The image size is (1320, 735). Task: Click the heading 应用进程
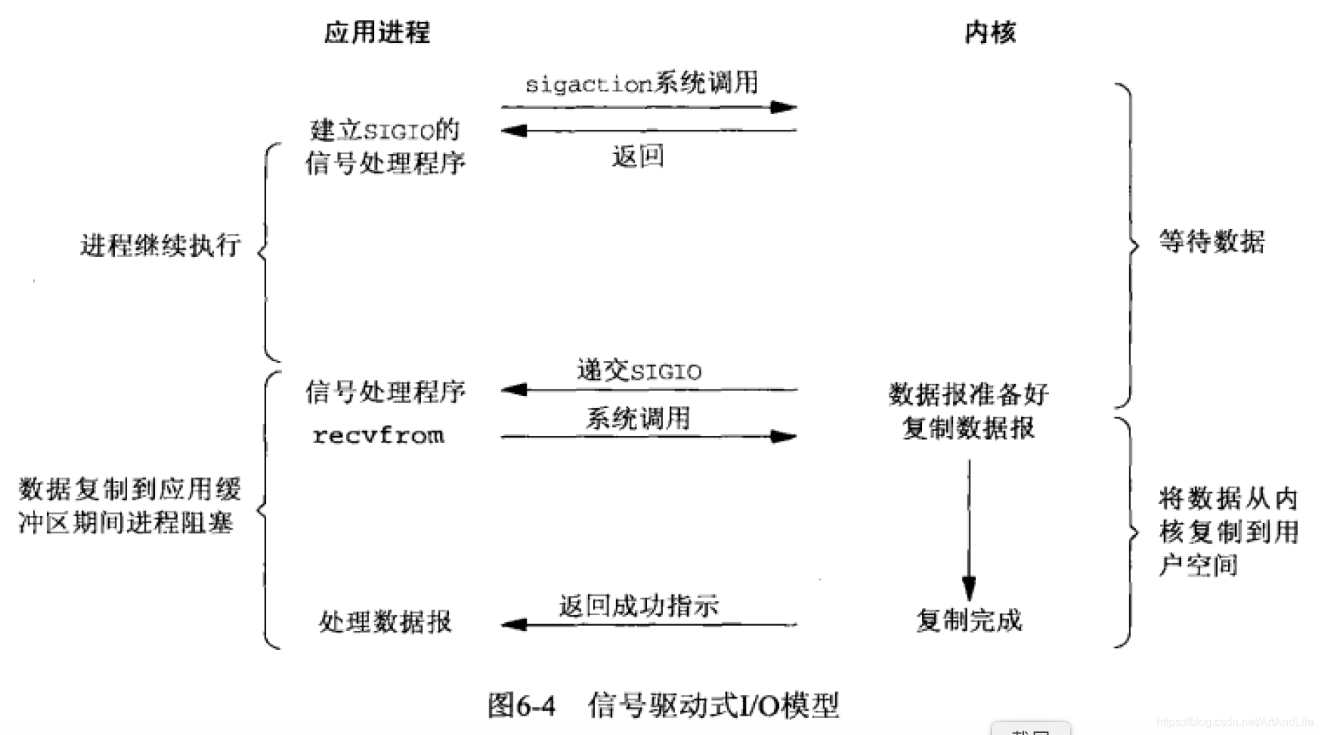[x=377, y=32]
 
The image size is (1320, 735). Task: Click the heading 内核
[x=990, y=32]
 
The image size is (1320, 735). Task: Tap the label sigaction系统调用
[x=641, y=83]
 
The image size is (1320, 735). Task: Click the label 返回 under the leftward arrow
[x=638, y=156]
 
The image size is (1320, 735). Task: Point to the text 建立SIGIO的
[x=385, y=131]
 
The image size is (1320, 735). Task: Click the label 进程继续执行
[x=161, y=245]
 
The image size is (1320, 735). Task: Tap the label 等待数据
[x=1212, y=242]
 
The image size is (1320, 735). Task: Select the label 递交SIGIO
[x=639, y=371]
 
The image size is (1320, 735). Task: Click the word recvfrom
[x=378, y=435]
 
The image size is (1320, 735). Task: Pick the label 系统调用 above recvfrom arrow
[x=638, y=418]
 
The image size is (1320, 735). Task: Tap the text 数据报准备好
[x=968, y=394]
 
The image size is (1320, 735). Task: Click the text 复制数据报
[x=968, y=428]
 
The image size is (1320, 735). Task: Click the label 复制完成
[x=969, y=621]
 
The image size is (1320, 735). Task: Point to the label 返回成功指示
[x=639, y=606]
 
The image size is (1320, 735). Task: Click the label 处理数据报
[x=385, y=622]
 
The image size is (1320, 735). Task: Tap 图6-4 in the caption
[x=522, y=705]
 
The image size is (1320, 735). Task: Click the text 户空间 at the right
[x=1198, y=565]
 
